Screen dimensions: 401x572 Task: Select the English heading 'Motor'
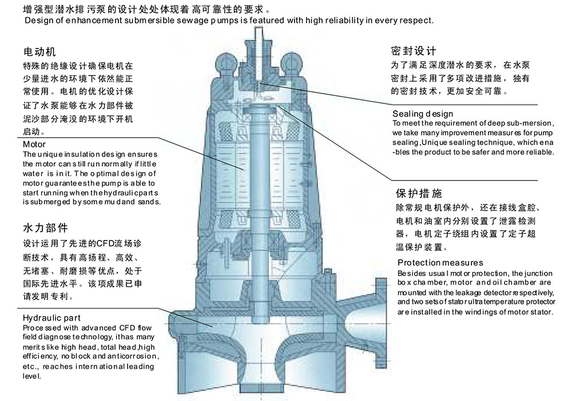[34, 144]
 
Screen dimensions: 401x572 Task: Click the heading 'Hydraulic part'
[51, 318]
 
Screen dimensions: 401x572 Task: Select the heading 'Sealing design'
[423, 114]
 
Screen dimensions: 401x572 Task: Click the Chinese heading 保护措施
[419, 193]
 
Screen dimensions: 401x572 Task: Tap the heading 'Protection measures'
[440, 263]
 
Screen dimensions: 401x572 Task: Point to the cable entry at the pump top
[261, 43]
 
